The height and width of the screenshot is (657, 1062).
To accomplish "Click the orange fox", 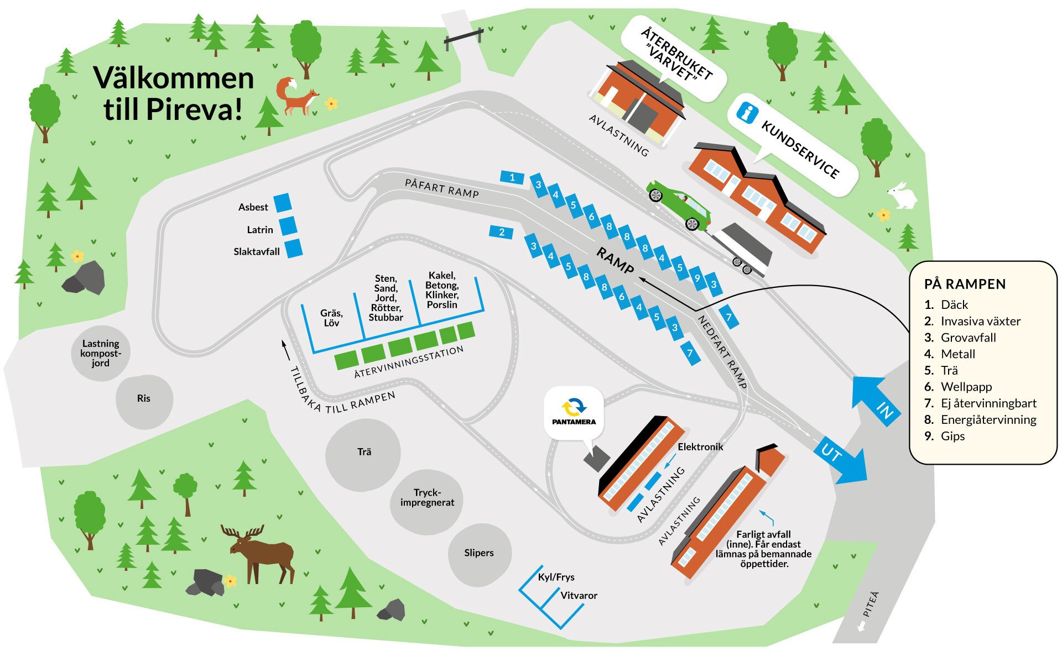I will tap(297, 97).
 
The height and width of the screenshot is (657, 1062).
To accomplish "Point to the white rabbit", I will tap(902, 196).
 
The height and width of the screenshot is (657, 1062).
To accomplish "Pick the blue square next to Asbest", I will tap(283, 203).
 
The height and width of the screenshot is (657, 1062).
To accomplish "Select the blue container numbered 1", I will tap(512, 177).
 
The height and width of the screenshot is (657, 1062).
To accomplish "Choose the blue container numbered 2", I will tap(501, 232).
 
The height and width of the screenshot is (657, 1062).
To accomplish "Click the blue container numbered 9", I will tap(697, 278).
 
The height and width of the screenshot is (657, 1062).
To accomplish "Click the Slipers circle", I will tap(479, 553).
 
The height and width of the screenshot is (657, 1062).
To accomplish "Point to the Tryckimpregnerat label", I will tap(427, 498).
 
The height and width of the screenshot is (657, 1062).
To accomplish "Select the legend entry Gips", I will tap(952, 436).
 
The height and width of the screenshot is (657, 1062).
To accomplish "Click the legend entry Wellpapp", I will tap(966, 387).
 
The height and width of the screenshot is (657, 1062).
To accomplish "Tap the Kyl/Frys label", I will tap(556, 577).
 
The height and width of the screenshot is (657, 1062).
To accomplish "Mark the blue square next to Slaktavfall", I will tap(294, 248).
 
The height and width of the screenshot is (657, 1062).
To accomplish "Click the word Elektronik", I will tap(700, 447).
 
